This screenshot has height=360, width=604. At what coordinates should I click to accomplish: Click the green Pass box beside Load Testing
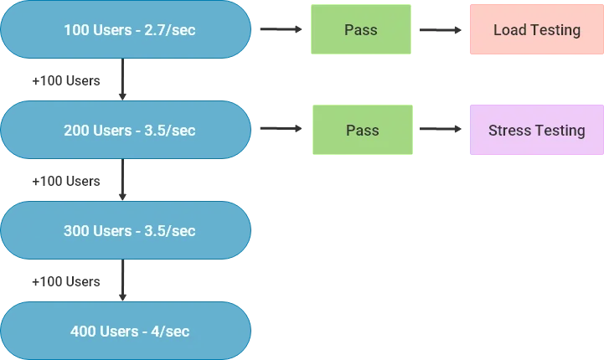pos(361,30)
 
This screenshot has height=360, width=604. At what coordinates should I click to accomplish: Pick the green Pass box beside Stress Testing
pos(361,131)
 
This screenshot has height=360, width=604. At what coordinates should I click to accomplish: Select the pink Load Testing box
pos(536,30)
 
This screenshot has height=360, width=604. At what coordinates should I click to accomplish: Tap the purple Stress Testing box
pos(536,131)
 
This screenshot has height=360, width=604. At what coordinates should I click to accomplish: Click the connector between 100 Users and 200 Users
pos(124,80)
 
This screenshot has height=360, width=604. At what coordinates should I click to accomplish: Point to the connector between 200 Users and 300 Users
pos(124,180)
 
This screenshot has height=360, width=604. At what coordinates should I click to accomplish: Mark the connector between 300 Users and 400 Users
pos(124,280)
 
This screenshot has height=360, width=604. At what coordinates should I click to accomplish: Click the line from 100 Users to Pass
pos(278,30)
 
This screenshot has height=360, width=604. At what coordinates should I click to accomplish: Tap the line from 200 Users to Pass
pos(278,129)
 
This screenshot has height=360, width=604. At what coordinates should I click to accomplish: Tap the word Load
pos(509,30)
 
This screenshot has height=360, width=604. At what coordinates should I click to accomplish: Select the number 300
pos(77,230)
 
